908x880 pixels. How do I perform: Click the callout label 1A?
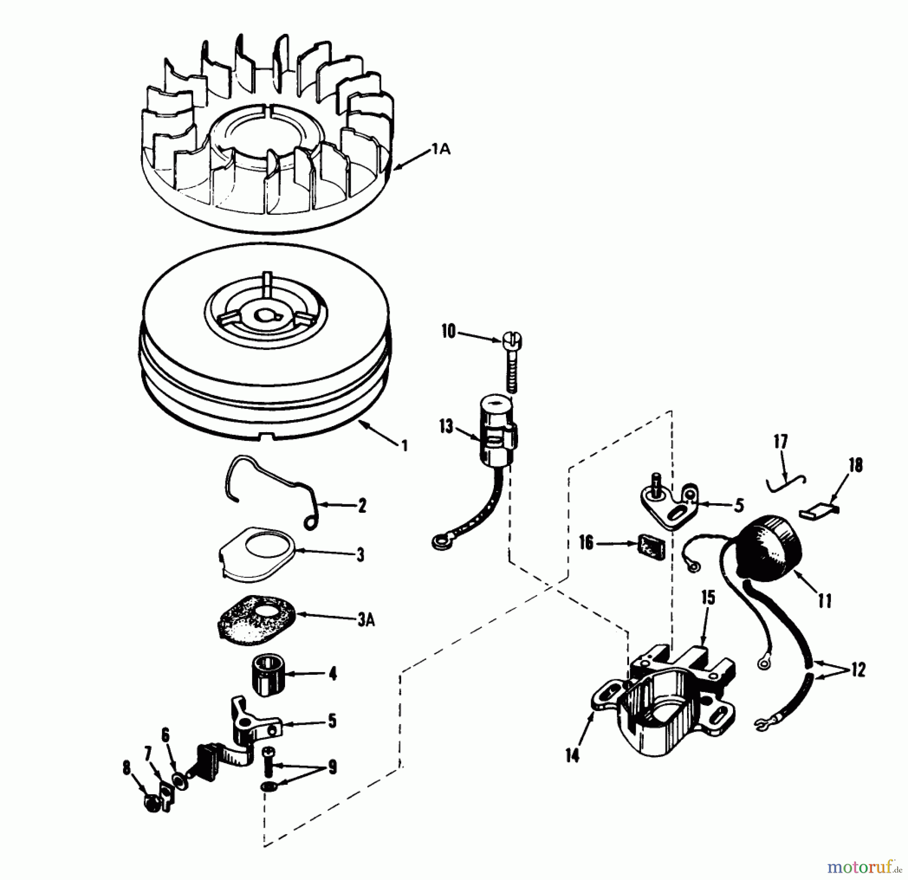(x=440, y=150)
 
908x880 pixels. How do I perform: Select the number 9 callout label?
(x=331, y=768)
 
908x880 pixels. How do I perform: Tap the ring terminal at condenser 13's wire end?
(x=437, y=542)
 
